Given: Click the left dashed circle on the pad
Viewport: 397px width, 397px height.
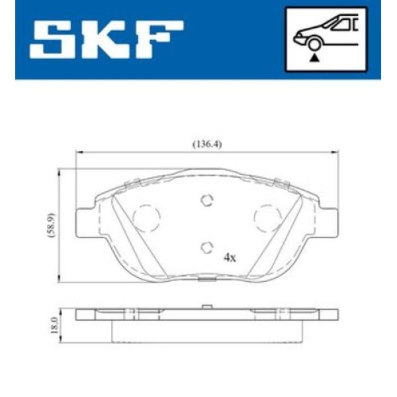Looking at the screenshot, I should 147,216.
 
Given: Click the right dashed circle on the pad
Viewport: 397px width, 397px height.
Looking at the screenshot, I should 268,216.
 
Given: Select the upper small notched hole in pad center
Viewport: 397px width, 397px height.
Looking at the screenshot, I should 207,200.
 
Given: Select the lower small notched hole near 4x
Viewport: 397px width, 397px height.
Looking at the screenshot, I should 206,247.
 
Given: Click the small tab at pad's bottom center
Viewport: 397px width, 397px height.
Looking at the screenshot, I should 207,280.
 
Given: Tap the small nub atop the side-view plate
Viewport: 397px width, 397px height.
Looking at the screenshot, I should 207,306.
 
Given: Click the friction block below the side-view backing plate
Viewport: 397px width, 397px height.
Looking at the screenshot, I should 207,331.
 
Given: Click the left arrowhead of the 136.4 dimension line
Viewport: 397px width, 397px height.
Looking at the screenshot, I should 78,151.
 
